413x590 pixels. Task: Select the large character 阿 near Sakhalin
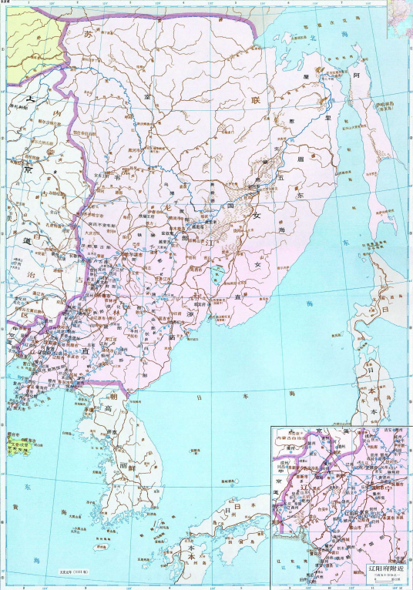tap(357, 77)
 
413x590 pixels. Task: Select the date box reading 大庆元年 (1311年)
tap(76, 571)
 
